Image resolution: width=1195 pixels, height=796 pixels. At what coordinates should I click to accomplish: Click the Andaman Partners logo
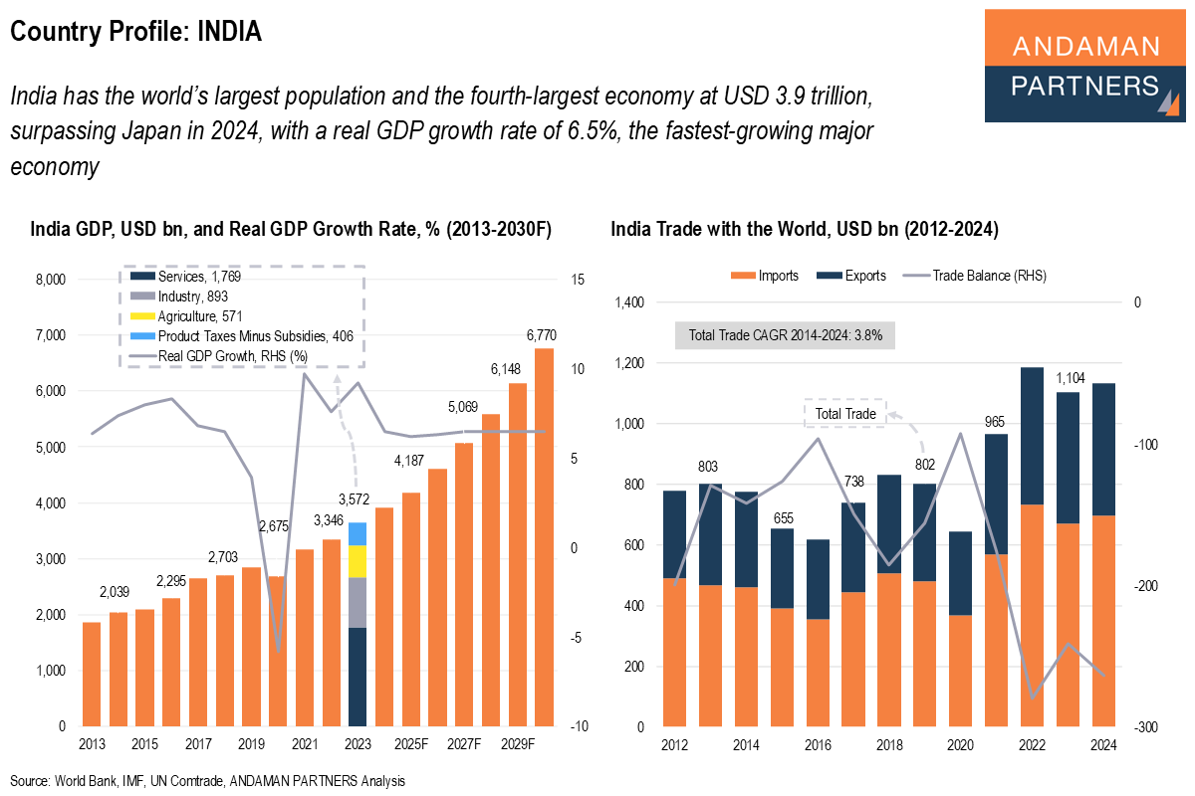click(x=1086, y=66)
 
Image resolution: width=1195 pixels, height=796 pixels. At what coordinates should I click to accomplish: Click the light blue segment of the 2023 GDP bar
click(x=358, y=533)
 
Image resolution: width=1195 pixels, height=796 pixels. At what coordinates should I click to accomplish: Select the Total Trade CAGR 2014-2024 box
click(x=786, y=335)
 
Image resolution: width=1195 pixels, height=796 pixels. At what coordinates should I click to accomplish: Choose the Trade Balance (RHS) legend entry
click(x=973, y=276)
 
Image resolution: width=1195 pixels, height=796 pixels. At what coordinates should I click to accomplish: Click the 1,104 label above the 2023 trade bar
click(x=1068, y=378)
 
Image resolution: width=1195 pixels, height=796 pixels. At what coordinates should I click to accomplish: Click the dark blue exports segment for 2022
click(x=1032, y=436)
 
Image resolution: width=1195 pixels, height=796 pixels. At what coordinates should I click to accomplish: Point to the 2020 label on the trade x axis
click(x=960, y=744)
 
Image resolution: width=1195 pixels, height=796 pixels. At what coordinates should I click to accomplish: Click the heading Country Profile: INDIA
click(x=135, y=32)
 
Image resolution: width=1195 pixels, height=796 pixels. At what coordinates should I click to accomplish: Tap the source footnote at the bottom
click(x=207, y=781)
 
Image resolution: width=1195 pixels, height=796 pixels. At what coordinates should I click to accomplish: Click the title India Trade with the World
click(x=804, y=229)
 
